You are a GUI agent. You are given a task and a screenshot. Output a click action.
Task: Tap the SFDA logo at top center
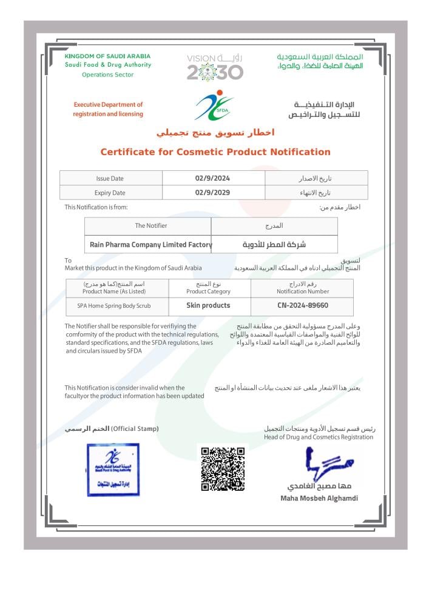pos(214,105)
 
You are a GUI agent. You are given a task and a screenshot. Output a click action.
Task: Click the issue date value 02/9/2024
pos(212,178)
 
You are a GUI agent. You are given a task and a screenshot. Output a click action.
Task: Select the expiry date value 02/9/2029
pos(212,193)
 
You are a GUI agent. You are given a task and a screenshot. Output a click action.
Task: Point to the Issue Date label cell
pos(110,178)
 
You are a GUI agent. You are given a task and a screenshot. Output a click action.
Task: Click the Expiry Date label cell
pos(110,193)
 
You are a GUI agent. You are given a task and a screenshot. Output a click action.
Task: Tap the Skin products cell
pos(208,306)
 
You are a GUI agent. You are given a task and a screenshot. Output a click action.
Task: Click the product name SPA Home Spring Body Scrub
pos(114,306)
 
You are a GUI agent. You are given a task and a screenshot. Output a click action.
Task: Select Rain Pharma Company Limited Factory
pos(150,245)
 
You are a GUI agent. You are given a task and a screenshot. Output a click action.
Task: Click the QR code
pos(223,468)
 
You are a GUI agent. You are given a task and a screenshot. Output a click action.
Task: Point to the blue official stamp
pos(113,470)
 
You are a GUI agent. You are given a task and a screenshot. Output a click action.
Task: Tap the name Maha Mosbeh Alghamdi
pos(319,498)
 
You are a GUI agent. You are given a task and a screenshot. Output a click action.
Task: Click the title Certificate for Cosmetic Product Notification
pos(215,152)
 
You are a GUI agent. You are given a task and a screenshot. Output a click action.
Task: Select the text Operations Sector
pos(107,75)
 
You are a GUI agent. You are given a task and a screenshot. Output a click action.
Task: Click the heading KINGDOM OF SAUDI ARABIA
pos(107,56)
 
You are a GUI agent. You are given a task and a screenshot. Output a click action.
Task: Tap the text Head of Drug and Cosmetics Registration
pos(319,437)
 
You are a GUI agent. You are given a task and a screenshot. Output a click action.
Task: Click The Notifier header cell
pos(150,225)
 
